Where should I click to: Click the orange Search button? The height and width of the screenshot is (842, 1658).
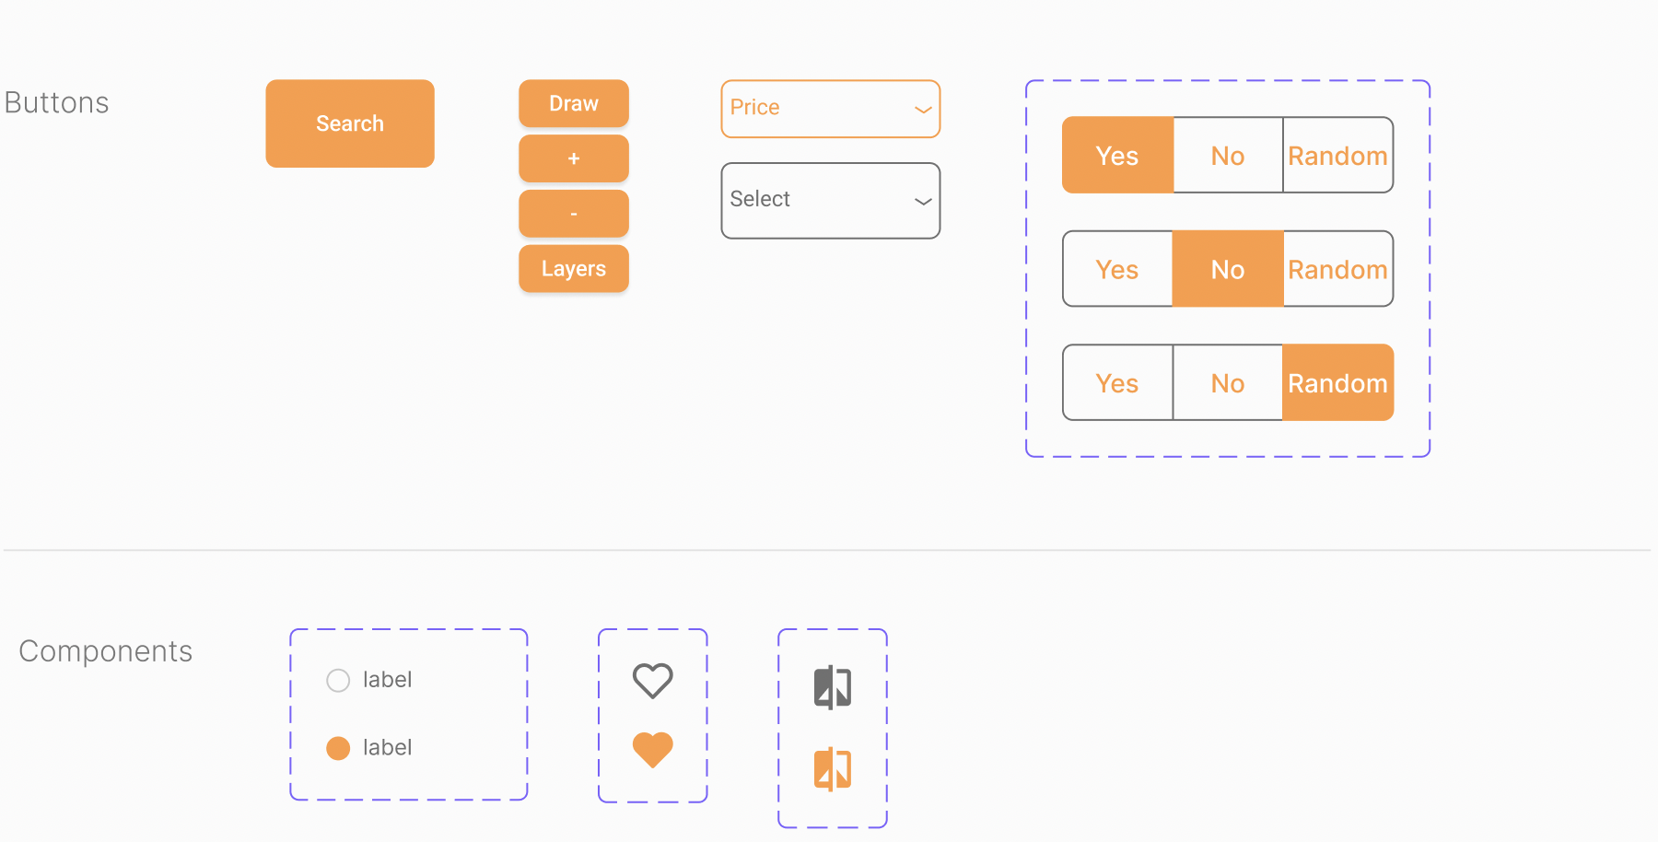(x=350, y=123)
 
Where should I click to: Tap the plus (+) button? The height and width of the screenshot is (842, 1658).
(x=574, y=158)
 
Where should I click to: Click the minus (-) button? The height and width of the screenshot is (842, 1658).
(x=574, y=214)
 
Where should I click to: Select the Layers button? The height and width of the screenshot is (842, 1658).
(x=574, y=269)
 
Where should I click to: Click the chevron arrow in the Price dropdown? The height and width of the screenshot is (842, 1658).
(x=923, y=110)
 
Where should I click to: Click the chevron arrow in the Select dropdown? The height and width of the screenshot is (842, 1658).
(x=923, y=202)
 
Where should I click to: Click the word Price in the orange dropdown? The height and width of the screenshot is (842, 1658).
(x=754, y=107)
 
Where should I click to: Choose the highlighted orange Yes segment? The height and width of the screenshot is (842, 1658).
(x=1118, y=155)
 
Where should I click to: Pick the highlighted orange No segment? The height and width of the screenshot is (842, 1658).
(x=1228, y=269)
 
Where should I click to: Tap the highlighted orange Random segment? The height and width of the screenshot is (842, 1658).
(x=1337, y=382)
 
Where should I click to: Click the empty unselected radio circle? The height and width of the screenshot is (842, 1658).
(x=338, y=681)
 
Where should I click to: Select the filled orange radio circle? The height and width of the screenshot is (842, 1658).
(x=338, y=748)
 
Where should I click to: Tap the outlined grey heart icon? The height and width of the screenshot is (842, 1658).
(x=653, y=681)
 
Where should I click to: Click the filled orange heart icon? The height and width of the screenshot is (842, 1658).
(x=653, y=750)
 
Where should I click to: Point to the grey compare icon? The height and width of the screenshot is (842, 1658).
(x=833, y=687)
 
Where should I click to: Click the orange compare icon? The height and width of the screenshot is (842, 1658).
(x=833, y=769)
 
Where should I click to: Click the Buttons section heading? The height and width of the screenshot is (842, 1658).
(x=57, y=102)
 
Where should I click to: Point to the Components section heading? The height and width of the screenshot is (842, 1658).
(x=106, y=651)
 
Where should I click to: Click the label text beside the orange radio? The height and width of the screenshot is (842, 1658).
(x=387, y=747)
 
